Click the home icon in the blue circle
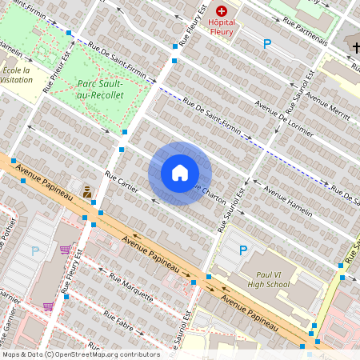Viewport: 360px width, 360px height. [x=180, y=173]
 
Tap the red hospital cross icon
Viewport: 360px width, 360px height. [x=222, y=12]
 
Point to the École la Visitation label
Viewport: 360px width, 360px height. [x=16, y=75]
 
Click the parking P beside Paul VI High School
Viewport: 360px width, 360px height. [x=243, y=250]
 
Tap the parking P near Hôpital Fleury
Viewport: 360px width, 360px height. [x=267, y=44]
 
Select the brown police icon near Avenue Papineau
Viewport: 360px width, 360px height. [x=87, y=192]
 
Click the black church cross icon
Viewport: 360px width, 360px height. [x=356, y=48]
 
